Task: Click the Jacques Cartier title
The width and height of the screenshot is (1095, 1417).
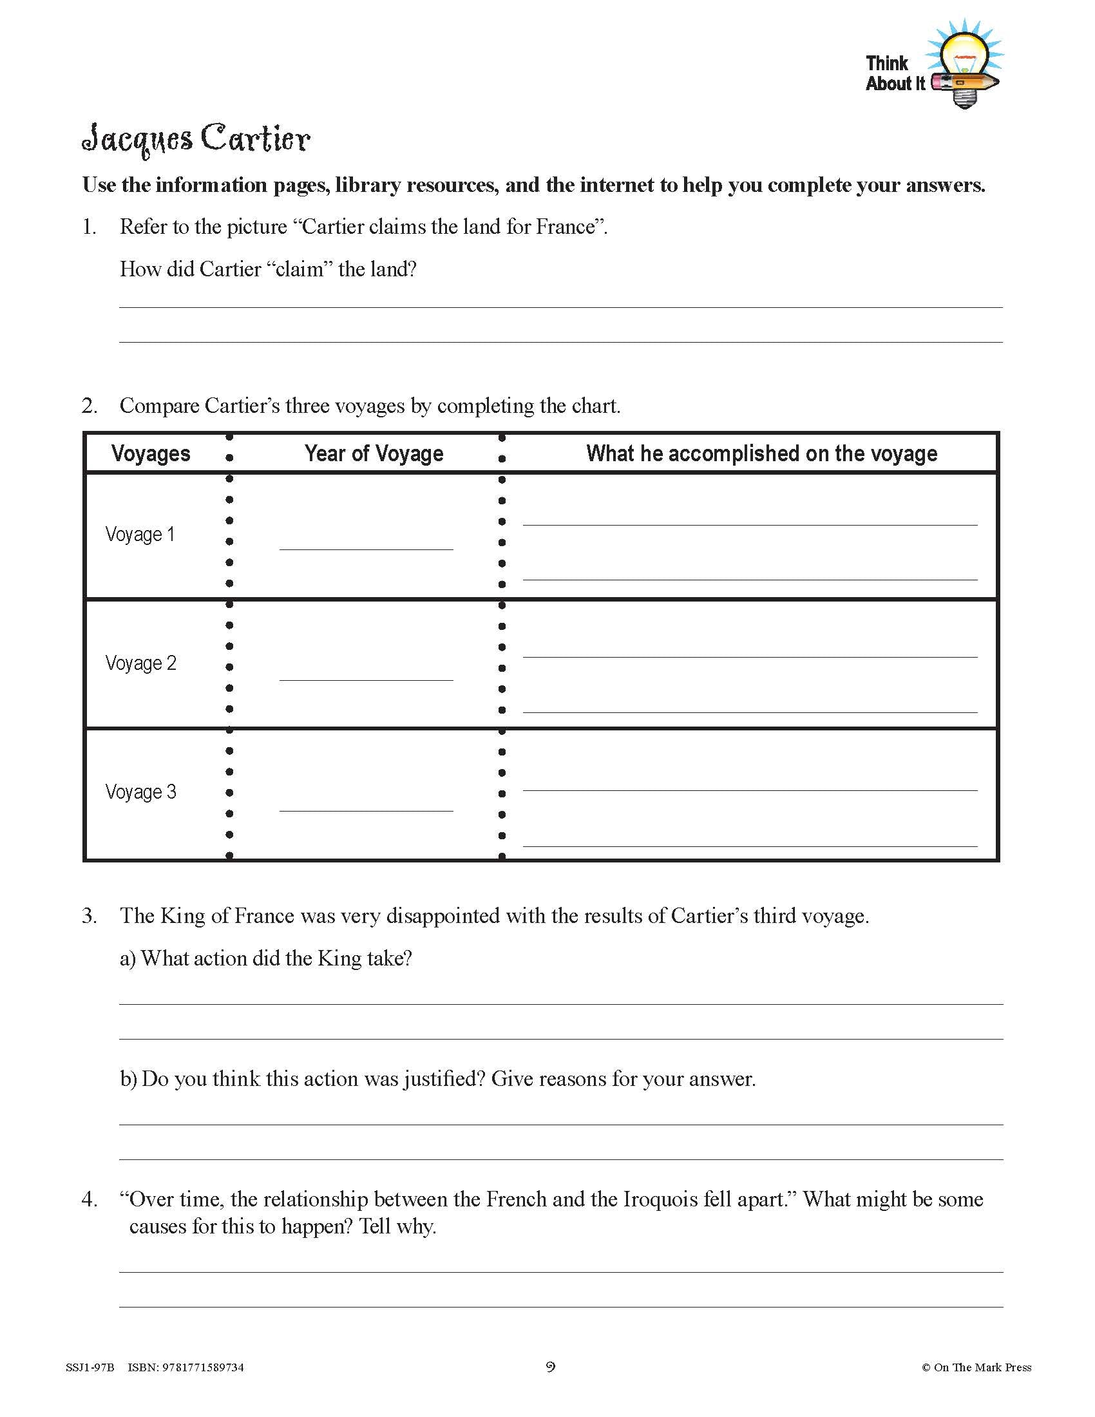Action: tap(196, 139)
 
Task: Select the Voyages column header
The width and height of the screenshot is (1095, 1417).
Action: tap(151, 453)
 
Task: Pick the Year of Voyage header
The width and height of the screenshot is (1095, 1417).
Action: tap(374, 453)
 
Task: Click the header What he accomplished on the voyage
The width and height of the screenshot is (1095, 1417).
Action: tap(761, 453)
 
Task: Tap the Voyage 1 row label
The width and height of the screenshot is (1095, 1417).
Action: tap(140, 535)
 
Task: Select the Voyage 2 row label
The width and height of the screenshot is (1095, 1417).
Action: tap(140, 663)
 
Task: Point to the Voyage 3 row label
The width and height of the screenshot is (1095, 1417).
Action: tap(140, 792)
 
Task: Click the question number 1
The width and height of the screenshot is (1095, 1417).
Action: tap(89, 227)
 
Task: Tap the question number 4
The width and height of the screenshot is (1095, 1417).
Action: tap(89, 1199)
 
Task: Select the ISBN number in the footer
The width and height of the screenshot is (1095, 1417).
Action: tap(186, 1367)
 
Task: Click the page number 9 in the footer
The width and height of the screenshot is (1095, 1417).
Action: tap(550, 1367)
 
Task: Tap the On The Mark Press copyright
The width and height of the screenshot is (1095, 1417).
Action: tap(976, 1367)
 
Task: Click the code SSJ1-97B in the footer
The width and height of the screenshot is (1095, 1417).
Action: tap(90, 1367)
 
